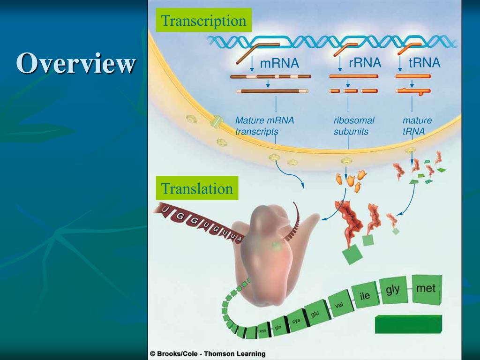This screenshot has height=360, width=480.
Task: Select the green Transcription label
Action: pos(203,21)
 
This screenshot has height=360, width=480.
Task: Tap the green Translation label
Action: pos(197,188)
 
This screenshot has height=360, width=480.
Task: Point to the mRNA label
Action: pos(279,63)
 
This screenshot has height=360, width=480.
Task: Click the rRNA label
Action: pos(365,62)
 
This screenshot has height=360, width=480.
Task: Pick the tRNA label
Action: pos(424,62)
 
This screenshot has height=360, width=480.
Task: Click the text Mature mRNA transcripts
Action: pos(264,126)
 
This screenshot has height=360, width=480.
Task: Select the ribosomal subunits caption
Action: pos(353,126)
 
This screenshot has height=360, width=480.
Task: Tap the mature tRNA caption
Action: pos(417,126)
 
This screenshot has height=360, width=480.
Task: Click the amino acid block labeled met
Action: pos(426,288)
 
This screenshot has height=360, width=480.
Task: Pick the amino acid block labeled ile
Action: pos(364,296)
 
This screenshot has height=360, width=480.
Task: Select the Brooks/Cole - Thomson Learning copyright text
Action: pos(208,354)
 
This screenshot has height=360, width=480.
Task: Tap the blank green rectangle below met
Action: pos(408,324)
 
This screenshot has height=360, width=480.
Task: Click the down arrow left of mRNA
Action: pos(252,63)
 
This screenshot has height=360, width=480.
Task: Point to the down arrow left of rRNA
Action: pos(339,63)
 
